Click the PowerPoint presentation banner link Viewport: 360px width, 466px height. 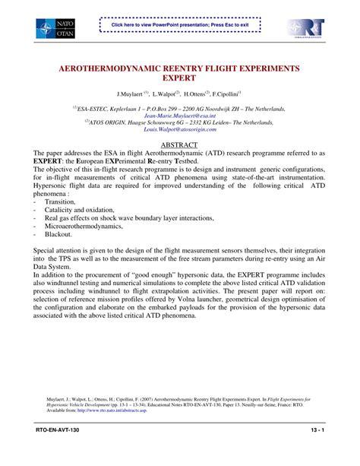[180, 24]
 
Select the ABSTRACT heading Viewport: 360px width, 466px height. [180, 144]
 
